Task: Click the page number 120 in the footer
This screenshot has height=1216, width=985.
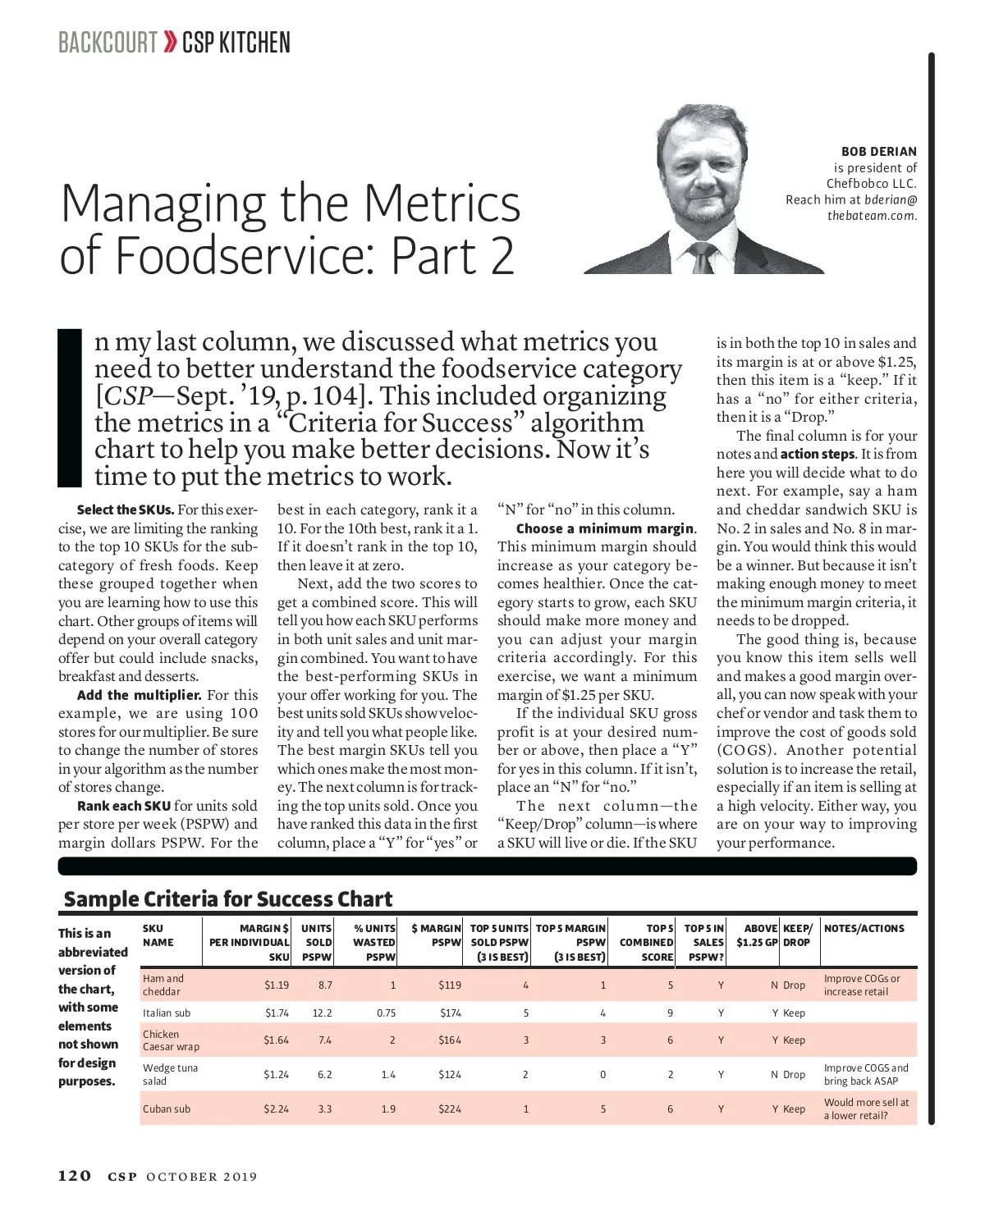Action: (74, 1176)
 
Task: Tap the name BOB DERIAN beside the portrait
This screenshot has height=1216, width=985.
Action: (878, 152)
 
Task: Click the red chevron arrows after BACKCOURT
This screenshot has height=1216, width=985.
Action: (170, 42)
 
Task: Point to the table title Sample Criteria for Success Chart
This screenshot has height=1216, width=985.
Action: (228, 899)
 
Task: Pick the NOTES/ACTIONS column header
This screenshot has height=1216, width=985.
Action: (864, 928)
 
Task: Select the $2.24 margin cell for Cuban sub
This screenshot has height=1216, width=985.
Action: (276, 1109)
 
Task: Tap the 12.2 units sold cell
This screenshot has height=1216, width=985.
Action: (322, 1013)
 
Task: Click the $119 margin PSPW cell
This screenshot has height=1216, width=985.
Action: (450, 985)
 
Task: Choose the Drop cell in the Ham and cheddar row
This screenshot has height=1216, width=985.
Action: (794, 985)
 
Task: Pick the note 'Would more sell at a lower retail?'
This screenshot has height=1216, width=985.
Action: (866, 1109)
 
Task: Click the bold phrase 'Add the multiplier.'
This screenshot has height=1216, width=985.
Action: (139, 695)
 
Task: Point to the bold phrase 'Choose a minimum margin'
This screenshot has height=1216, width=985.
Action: (605, 528)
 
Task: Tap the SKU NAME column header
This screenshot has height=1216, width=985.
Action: (158, 935)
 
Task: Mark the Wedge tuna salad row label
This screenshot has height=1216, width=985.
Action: (170, 1074)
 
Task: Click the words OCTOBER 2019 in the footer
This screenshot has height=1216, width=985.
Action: (201, 1177)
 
